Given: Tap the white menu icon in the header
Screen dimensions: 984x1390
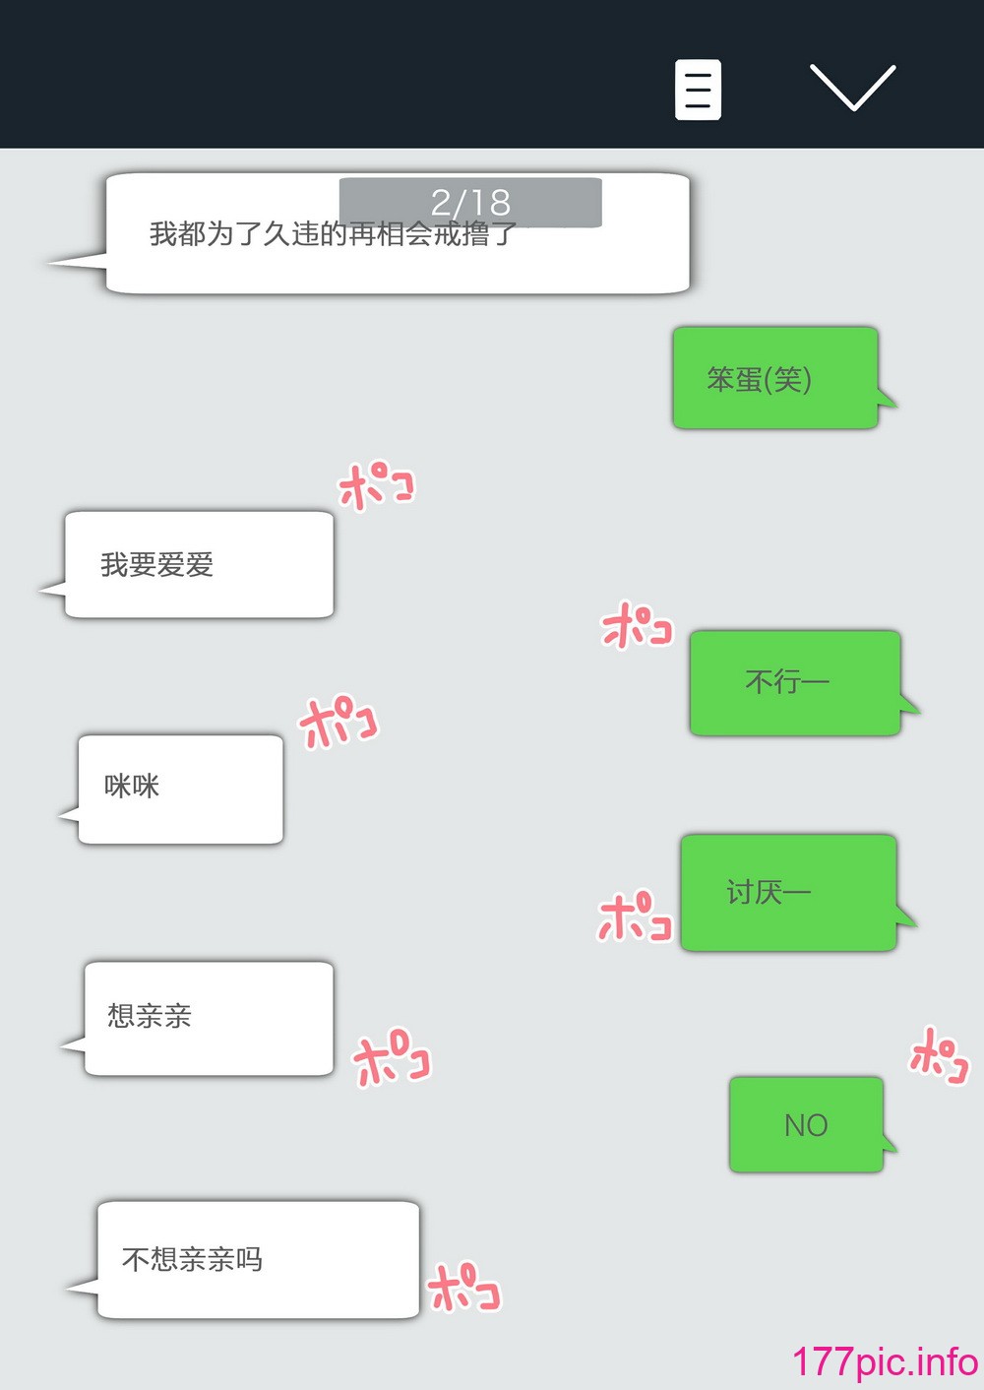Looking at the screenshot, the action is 698,90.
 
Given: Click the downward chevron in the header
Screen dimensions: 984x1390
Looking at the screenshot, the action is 852,87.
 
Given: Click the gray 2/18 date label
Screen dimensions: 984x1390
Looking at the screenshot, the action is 470,202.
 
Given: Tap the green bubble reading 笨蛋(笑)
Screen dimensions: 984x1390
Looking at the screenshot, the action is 775,378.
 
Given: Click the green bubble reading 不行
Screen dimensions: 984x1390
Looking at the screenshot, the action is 795,683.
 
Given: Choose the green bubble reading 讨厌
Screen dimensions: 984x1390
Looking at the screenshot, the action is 789,893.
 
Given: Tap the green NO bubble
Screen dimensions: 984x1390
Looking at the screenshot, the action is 807,1125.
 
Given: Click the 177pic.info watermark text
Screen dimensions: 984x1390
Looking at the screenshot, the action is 886,1360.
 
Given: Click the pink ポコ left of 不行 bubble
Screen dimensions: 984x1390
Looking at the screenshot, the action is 637,625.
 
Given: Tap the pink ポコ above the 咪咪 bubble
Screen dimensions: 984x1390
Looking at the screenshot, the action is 338,722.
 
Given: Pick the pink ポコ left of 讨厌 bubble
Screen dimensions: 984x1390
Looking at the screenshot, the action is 635,916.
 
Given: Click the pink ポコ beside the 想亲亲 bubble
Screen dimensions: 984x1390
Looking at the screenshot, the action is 392,1056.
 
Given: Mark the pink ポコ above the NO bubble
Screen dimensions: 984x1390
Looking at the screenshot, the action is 940,1056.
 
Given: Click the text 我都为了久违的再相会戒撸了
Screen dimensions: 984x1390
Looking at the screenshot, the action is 334,234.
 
